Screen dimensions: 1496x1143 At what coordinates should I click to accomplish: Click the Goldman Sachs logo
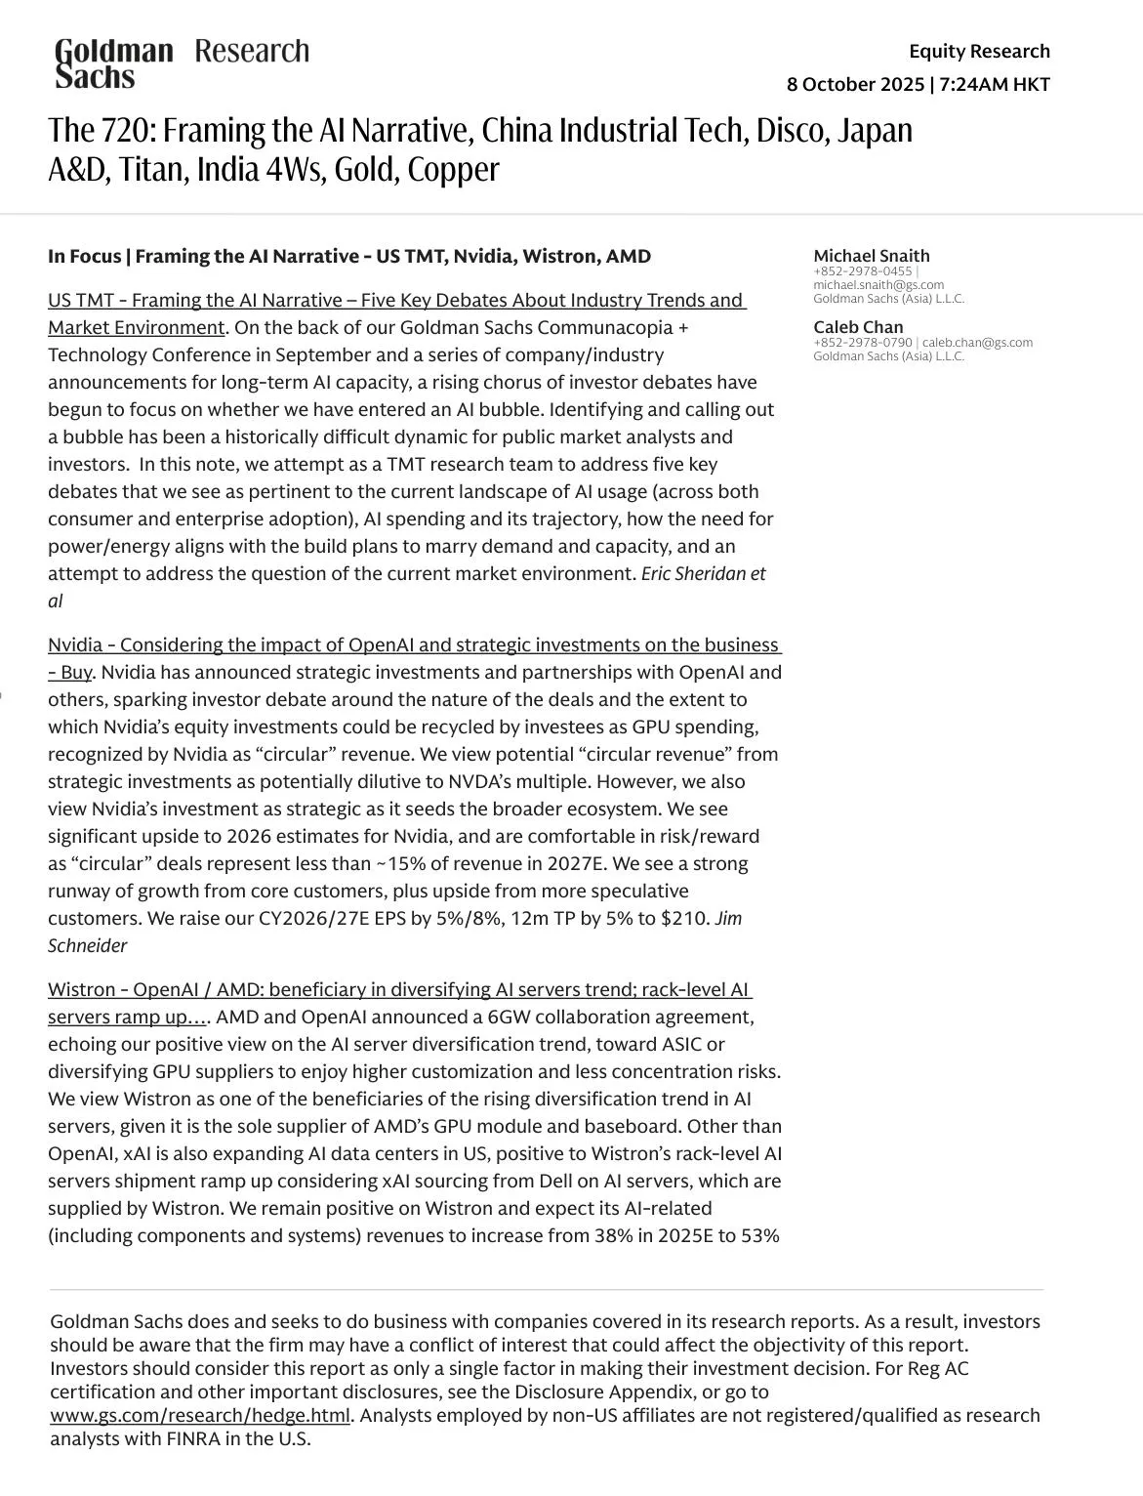113,62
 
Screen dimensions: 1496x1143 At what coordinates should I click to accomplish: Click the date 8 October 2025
855,84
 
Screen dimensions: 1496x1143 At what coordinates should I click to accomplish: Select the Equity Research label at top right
979,51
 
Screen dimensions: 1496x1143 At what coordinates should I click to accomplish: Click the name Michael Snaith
871,256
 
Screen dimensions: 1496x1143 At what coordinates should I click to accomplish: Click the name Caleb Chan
858,327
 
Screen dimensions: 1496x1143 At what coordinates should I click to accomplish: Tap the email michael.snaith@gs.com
878,285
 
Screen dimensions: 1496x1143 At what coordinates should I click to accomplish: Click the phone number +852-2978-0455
862,271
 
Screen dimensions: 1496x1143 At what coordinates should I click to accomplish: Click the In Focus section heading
348,257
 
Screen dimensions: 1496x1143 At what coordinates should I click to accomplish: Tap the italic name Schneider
87,946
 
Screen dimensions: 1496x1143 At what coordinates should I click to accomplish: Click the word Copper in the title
453,170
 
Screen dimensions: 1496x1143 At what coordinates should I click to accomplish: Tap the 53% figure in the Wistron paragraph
759,1236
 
